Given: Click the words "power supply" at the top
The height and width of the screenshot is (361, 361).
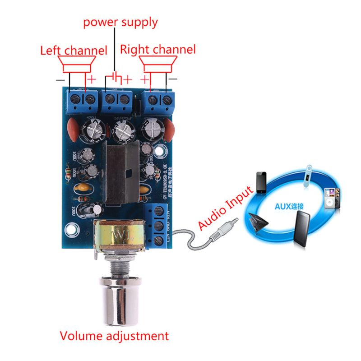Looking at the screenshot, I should [120, 22].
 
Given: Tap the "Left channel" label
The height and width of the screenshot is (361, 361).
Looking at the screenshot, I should [74, 50].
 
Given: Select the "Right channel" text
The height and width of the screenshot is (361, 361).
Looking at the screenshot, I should [158, 49].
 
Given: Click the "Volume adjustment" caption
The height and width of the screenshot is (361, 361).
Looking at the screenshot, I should [114, 336].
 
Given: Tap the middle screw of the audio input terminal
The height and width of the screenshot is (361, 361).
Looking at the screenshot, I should [158, 225].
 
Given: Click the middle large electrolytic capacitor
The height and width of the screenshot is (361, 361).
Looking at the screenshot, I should [123, 131].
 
